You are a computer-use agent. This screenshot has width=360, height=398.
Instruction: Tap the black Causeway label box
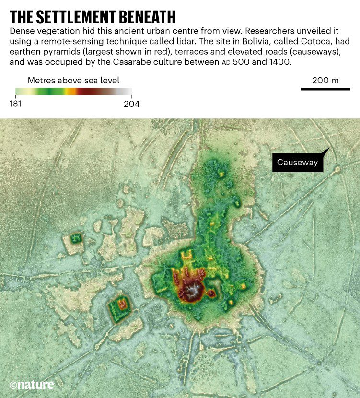pyautogui.click(x=297, y=163)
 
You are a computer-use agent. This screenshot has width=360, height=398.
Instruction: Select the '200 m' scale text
pyautogui.click(x=325, y=80)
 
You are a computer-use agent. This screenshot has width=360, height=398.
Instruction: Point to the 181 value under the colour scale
pyautogui.click(x=16, y=104)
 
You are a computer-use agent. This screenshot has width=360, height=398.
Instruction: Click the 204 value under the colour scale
pyautogui.click(x=131, y=104)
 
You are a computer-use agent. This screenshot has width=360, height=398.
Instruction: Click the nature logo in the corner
pyautogui.click(x=32, y=385)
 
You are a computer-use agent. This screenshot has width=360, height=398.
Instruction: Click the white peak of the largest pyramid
pyautogui.click(x=194, y=291)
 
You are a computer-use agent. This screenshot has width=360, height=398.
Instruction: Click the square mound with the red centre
pyautogui.click(x=120, y=304)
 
